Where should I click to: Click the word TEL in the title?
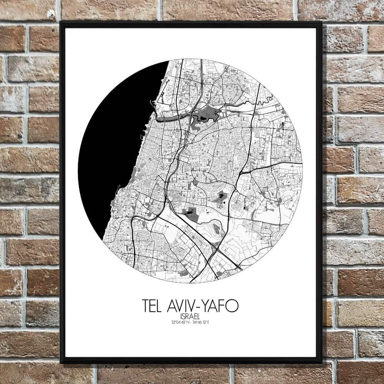pyautogui.click(x=152, y=306)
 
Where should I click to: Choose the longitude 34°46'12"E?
pyautogui.click(x=201, y=322)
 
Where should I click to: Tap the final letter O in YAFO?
pyautogui.click(x=233, y=306)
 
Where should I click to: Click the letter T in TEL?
pyautogui.click(x=146, y=306)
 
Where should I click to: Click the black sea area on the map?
pyautogui.click(x=115, y=154)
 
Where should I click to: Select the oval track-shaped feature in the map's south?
pyautogui.click(x=217, y=229)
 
